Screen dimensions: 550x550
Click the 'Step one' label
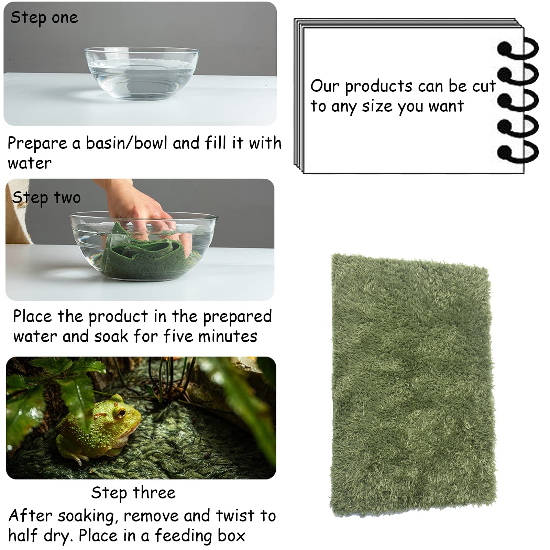point(44,18)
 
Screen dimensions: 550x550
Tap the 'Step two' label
point(46,198)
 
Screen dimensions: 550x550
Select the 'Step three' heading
point(133,493)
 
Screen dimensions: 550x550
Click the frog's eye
point(121,412)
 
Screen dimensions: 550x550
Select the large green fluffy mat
point(412,385)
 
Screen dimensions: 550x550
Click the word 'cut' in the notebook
point(484,86)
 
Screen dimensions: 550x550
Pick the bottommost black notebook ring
point(517,153)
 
